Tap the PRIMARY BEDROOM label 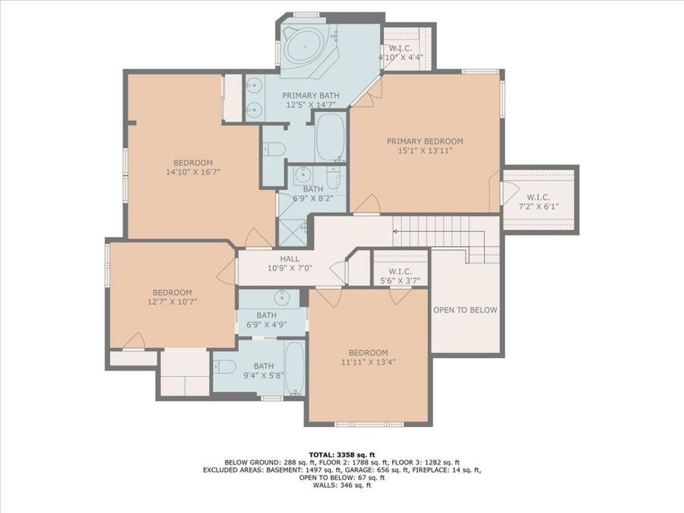pos(424,141)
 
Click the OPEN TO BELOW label pos(465,310)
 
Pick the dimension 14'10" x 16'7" pos(192,173)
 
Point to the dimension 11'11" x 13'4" pos(368,363)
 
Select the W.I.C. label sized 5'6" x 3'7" pos(399,271)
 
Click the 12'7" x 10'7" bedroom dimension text pos(172,302)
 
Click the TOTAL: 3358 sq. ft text pos(341,453)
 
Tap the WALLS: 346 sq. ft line pos(341,486)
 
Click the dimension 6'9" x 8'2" pos(313,198)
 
